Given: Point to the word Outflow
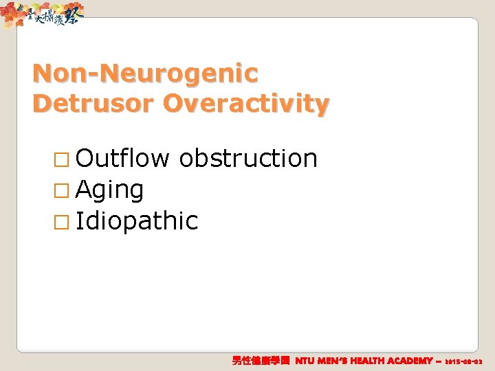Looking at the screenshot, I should point(122,158).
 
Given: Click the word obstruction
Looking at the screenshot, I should point(247,158).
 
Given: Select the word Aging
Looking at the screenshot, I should point(110,190).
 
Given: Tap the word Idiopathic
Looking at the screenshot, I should point(137,221).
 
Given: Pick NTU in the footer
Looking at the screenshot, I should point(307,361).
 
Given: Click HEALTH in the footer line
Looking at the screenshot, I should point(381,361).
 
